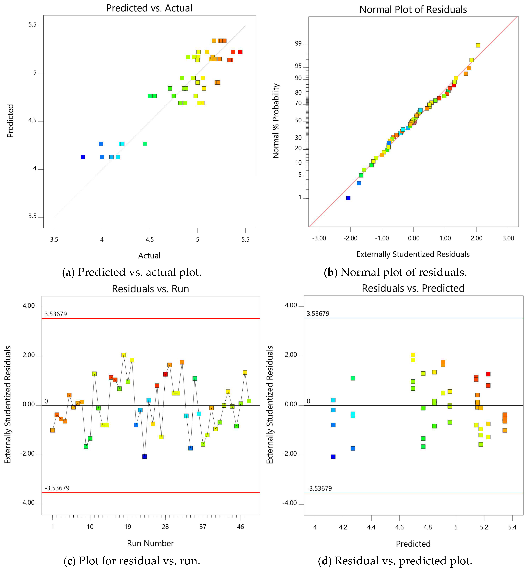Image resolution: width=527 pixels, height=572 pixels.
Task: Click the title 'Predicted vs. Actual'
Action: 149,8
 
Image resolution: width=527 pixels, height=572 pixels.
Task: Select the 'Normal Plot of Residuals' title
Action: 413,9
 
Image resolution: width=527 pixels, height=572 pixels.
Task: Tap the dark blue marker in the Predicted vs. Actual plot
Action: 83,157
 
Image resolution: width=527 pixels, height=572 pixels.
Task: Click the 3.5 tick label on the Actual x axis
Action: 54,239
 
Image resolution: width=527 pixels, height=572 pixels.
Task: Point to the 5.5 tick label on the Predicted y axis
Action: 33,25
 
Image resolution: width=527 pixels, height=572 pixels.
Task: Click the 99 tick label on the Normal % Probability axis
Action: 298,44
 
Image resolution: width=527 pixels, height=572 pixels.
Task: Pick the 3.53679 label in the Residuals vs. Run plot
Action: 56,314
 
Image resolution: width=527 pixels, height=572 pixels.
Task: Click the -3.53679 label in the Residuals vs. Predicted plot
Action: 319,488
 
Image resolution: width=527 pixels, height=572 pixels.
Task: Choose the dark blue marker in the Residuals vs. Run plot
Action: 145,456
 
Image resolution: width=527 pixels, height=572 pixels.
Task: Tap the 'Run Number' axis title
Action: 150,543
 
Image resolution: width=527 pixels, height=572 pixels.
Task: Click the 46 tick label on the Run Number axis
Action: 240,527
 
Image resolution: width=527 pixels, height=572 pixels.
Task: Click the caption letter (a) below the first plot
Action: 68,272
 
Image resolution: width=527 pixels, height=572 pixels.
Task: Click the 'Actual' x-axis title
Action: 149,255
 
